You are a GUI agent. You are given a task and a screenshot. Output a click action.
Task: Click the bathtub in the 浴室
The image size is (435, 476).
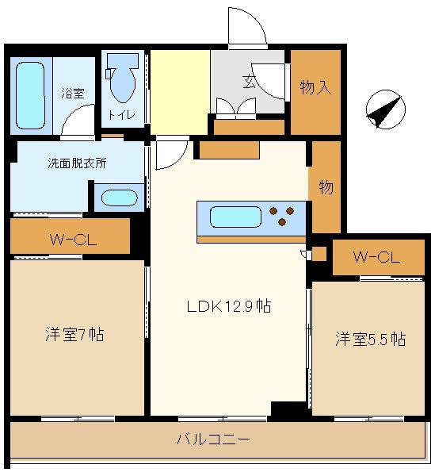pyautogui.click(x=30, y=96)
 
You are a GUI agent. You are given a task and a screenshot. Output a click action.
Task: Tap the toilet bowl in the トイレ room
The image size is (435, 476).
pyautogui.click(x=123, y=78)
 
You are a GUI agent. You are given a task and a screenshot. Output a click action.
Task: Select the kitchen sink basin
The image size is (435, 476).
pyautogui.click(x=235, y=217)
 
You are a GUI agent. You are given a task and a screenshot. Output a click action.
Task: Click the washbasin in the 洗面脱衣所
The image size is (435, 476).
pyautogui.click(x=119, y=198)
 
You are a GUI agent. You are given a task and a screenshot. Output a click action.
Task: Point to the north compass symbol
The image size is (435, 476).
pyautogui.click(x=385, y=109)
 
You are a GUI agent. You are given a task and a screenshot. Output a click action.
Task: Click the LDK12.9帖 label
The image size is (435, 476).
pyautogui.click(x=229, y=306)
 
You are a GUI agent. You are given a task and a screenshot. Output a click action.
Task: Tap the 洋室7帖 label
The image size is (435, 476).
pyautogui.click(x=74, y=334)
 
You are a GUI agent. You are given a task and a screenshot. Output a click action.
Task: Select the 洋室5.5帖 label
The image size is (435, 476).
pyautogui.click(x=370, y=339)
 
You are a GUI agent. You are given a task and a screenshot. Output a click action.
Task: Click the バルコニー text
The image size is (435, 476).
pyautogui.click(x=213, y=440)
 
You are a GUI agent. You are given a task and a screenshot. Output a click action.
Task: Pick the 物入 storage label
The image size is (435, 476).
pyautogui.click(x=315, y=87)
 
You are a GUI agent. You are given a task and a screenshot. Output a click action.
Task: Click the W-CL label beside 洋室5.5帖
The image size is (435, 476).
pyautogui.click(x=377, y=257)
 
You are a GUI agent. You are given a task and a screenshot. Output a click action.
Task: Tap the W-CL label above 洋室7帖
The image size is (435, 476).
pyautogui.click(x=73, y=240)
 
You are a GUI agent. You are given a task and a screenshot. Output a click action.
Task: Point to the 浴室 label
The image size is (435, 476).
pyautogui.click(x=73, y=93)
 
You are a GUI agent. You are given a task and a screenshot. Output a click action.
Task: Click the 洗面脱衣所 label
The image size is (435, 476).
pyautogui.click(x=78, y=163)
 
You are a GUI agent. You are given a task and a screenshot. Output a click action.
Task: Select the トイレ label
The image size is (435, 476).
pyautogui.click(x=121, y=115)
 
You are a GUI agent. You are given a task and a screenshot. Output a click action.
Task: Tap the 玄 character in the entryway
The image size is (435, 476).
pyautogui.click(x=250, y=82)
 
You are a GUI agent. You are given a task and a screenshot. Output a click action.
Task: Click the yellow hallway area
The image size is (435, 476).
pyautogui.click(x=180, y=92)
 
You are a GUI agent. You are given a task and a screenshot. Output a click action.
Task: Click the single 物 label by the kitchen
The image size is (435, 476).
pyautogui.click(x=326, y=187)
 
